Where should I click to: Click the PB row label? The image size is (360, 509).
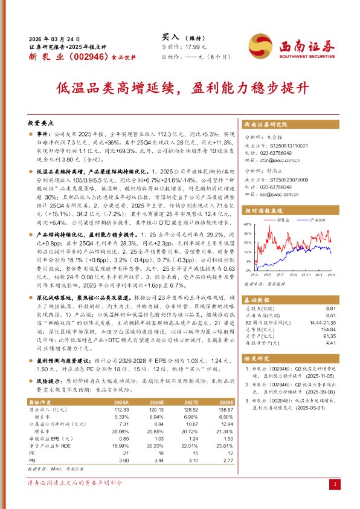pyautogui.click(x=32, y=461)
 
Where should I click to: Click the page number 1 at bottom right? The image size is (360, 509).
pyautogui.click(x=334, y=485)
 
